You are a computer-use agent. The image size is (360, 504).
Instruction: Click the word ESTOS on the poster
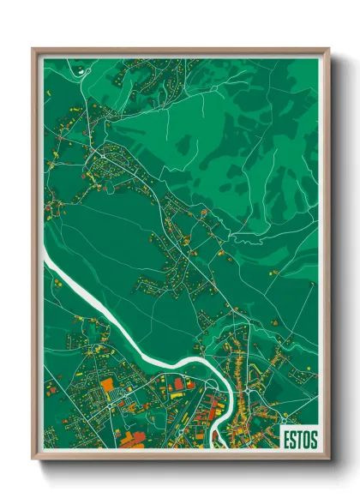pos(299,439)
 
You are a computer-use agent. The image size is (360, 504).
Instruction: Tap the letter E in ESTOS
pos(286,439)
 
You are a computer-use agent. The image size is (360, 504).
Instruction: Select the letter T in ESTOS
pos(299,439)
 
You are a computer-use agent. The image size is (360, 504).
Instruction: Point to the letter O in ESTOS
pos(306,439)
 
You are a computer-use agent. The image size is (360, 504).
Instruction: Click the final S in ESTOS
pos(314,439)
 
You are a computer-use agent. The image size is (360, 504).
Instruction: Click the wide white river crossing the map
pos(129,322)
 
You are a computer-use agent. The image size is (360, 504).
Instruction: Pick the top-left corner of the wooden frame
pos(33,49)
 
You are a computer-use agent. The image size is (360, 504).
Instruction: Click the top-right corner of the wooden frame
pos(328,49)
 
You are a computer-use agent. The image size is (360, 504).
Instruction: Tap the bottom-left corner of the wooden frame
pos(33,458)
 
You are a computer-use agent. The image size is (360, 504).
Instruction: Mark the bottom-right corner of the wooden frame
pos(328,458)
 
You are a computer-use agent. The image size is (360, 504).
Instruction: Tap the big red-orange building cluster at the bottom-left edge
pos(129,440)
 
